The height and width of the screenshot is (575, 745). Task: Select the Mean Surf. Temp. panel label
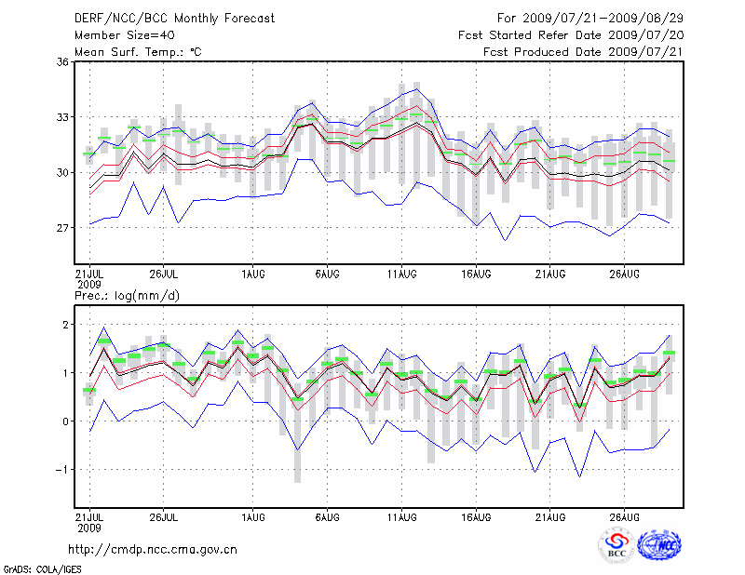point(138,52)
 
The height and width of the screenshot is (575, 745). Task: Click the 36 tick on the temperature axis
point(62,62)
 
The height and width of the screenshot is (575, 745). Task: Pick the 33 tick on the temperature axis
point(62,117)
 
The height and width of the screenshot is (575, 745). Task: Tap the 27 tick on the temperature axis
point(62,228)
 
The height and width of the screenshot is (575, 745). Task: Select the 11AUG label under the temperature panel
point(401,274)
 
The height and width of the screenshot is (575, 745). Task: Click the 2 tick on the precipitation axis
point(66,325)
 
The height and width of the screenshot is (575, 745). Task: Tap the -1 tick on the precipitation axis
point(63,470)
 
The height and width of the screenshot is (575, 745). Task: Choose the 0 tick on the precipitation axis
point(66,421)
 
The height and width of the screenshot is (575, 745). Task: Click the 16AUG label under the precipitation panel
point(476,515)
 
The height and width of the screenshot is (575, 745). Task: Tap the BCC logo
point(616,546)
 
